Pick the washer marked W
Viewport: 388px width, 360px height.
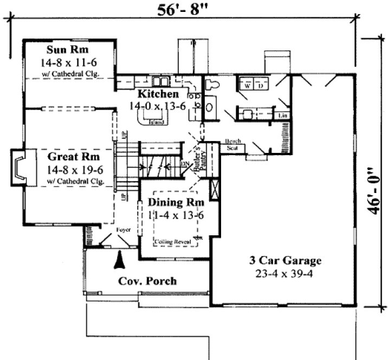click(x=247, y=86)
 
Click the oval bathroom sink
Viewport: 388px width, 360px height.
click(x=209, y=106)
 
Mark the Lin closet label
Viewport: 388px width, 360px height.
click(x=282, y=116)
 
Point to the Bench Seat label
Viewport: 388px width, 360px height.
click(x=232, y=145)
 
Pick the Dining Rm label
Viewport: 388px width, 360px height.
click(x=176, y=203)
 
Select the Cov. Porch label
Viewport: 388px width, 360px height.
click(x=147, y=281)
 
